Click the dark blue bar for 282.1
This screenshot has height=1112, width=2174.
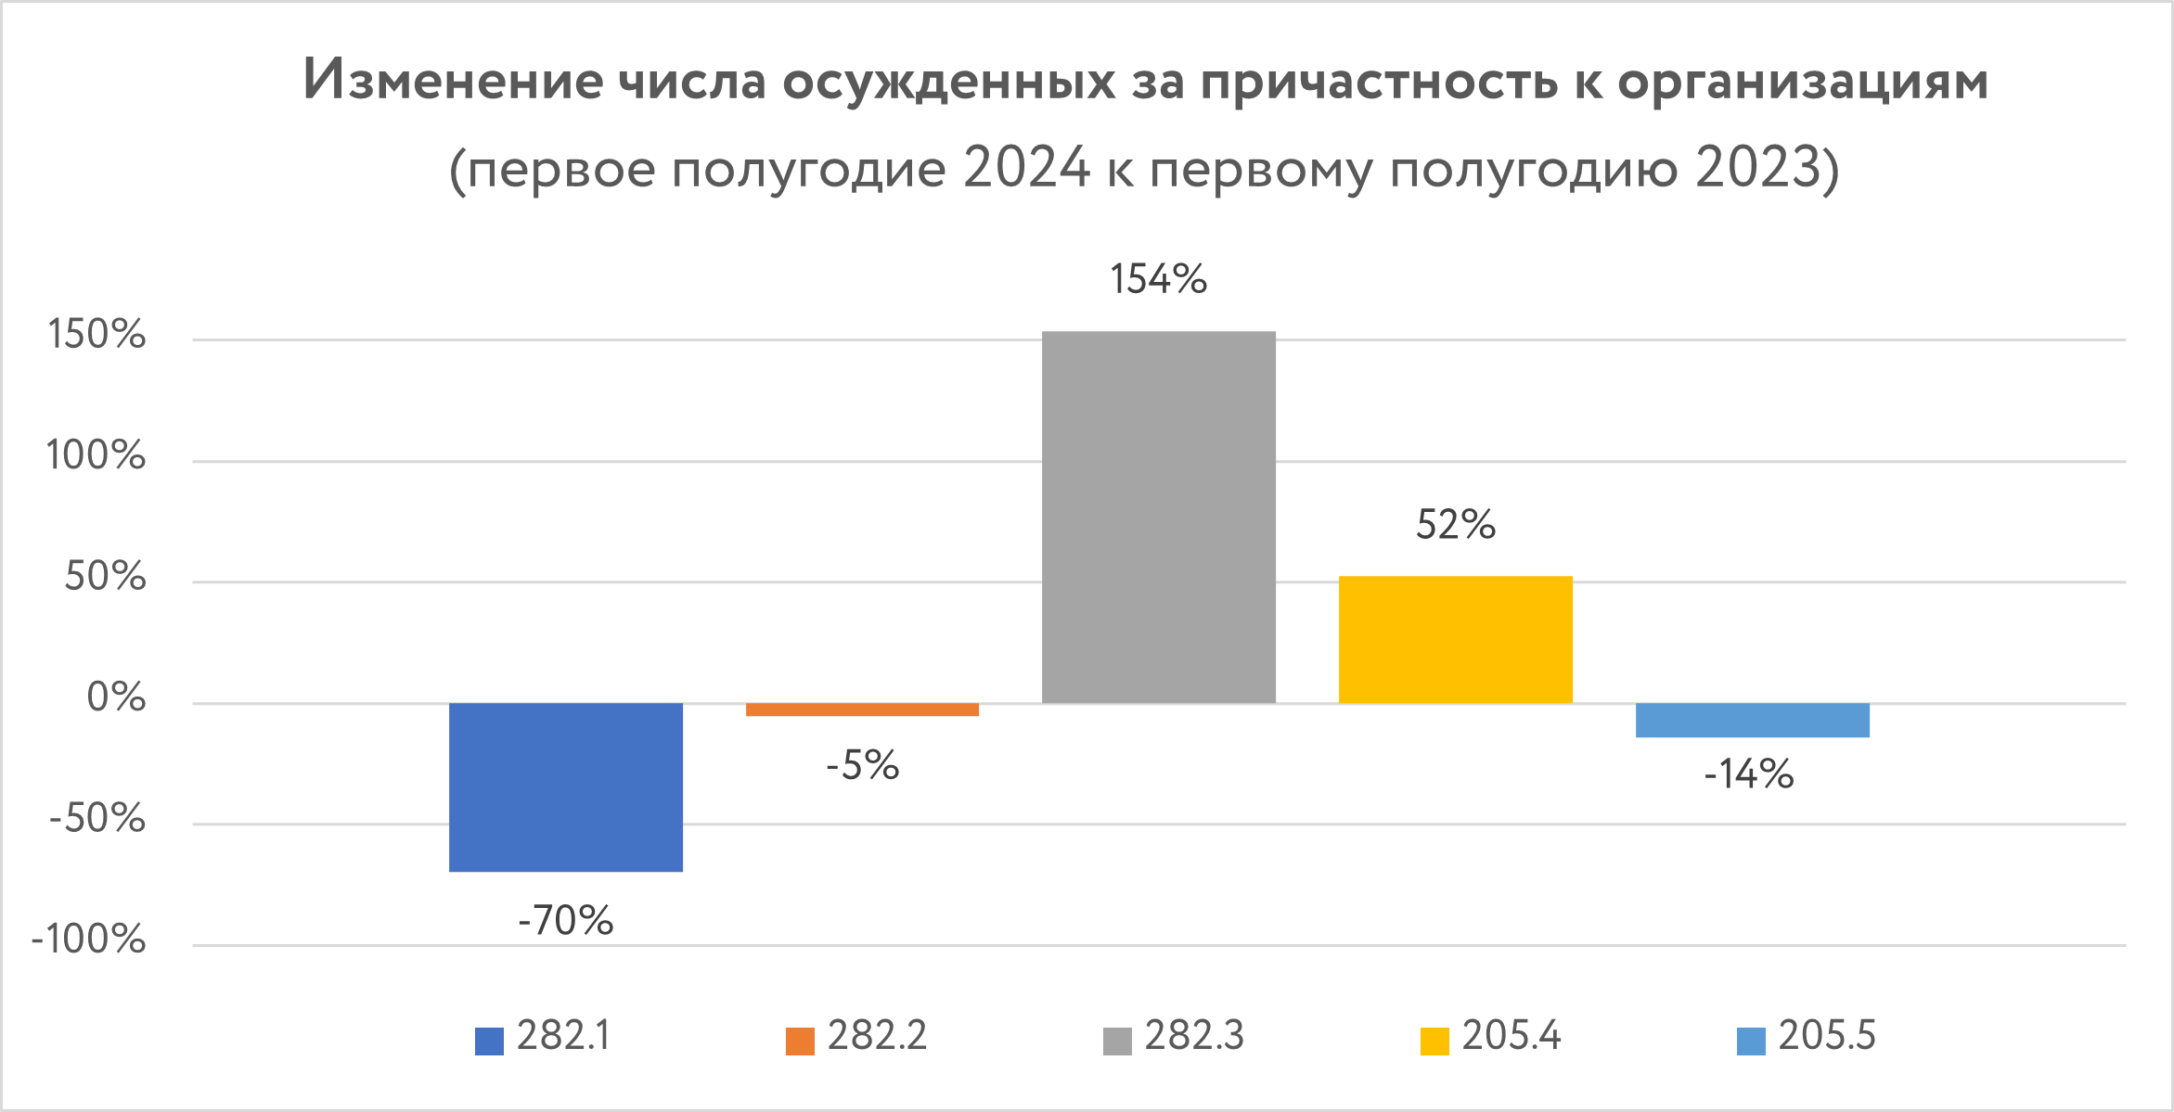pos(565,786)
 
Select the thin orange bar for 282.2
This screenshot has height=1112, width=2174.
pos(862,709)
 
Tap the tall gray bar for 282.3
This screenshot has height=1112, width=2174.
pos(1158,517)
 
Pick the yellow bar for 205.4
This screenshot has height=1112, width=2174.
pos(1455,639)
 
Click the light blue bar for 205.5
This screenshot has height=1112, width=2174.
pos(1752,720)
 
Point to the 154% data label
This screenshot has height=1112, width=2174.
pos(1158,279)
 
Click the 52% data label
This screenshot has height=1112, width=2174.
pos(1455,525)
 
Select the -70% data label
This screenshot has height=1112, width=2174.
pos(565,921)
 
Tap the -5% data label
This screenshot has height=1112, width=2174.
pos(862,766)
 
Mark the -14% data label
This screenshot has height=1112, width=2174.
pos(1748,774)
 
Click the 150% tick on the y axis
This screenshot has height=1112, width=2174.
pos(96,335)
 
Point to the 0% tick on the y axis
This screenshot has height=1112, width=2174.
pos(116,697)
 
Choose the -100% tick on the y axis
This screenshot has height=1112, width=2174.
pos(89,939)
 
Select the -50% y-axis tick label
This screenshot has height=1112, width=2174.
pos(97,819)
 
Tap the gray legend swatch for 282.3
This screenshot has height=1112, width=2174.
pos(1117,1041)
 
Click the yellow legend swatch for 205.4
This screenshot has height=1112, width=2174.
pos(1434,1041)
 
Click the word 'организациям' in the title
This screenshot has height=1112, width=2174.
pos(1803,82)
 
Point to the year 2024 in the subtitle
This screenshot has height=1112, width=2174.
pos(1025,169)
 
